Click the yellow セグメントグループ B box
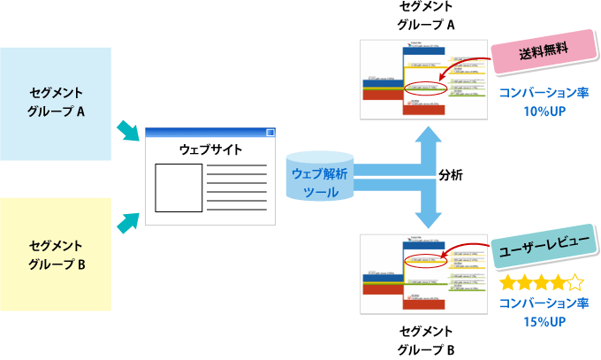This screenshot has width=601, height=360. pyautogui.click(x=56, y=254)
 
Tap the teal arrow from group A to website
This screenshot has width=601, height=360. pyautogui.click(x=129, y=133)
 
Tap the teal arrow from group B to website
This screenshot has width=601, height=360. pyautogui.click(x=129, y=221)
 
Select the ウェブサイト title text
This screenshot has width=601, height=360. pyautogui.click(x=210, y=149)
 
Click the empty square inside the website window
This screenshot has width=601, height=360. pyautogui.click(x=179, y=188)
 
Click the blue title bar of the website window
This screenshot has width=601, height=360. pyautogui.click(x=209, y=133)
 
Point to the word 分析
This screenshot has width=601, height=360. pyautogui.click(x=451, y=176)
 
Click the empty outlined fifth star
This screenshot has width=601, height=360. pyautogui.click(x=575, y=284)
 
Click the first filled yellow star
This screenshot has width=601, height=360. pyautogui.click(x=508, y=284)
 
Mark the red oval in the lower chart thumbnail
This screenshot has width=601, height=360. pyautogui.click(x=422, y=261)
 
